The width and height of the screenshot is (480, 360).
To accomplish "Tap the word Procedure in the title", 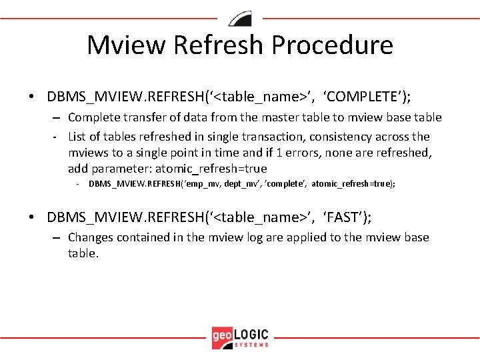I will pos(333,45).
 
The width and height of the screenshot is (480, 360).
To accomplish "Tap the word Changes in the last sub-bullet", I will pos(91,237).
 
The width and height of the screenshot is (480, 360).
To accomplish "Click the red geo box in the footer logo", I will pos(222,337).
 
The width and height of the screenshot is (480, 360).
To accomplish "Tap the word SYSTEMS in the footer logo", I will pos(252,345).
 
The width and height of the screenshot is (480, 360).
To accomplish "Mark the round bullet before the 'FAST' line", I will pos(32,218).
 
